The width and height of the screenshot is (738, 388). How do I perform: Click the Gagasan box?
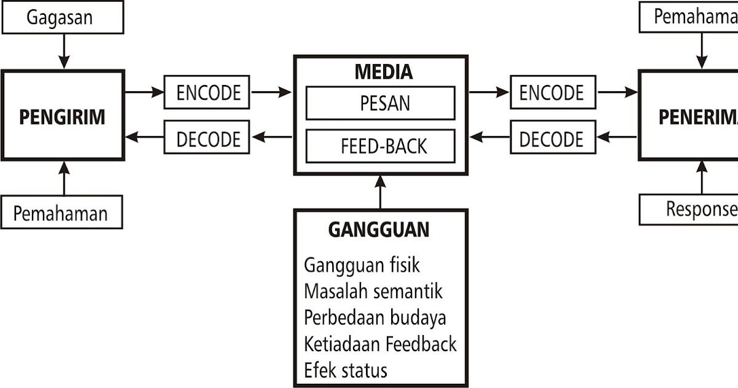click(62, 17)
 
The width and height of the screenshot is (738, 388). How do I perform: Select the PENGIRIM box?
click(62, 117)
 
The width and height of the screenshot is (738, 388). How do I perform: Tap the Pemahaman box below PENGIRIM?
click(61, 213)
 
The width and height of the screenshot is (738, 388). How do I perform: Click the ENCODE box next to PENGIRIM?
click(208, 92)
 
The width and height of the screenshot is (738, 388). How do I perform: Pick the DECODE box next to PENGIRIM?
click(208, 139)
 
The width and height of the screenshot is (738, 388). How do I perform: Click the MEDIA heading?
click(383, 72)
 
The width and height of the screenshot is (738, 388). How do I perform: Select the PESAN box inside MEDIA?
click(381, 103)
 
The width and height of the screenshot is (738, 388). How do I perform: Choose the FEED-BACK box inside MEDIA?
click(381, 147)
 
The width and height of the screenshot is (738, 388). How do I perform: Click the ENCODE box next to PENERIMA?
click(552, 92)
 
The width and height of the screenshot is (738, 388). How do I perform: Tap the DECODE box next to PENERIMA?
click(552, 139)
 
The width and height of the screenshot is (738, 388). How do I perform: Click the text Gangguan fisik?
click(362, 265)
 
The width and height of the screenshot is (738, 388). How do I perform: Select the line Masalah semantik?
click(373, 291)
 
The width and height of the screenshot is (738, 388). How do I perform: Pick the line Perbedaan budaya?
click(375, 317)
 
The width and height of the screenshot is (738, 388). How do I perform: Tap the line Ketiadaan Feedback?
click(380, 344)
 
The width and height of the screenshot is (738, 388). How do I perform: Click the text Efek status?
click(346, 370)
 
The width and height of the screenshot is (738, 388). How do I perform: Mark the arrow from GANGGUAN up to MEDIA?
click(381, 192)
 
